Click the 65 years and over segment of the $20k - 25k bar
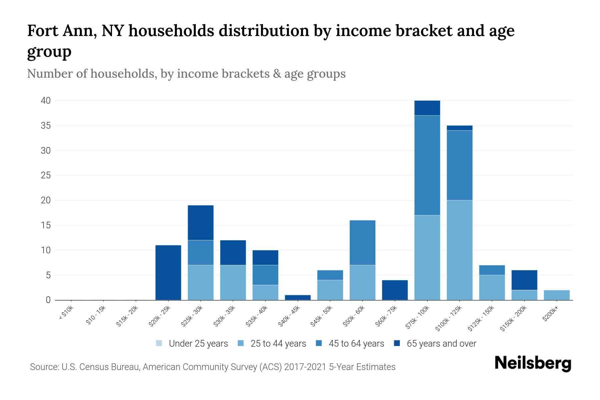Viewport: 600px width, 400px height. point(168,272)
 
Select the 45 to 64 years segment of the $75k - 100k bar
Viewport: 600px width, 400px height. point(427,165)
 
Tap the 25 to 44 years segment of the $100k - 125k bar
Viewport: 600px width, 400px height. point(459,250)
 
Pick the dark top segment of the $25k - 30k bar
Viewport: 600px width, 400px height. point(200,223)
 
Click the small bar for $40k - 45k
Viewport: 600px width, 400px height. point(298,297)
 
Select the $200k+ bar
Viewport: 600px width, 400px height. point(556,295)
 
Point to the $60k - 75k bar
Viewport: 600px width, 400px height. point(395,290)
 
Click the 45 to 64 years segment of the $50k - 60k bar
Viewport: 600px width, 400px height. point(362,243)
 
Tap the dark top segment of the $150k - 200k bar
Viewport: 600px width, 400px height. point(524,280)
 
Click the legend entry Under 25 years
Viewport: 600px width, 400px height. point(198,344)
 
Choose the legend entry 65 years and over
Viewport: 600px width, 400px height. point(441,344)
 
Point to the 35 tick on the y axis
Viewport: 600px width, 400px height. point(46,126)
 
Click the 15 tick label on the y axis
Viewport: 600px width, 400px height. point(46,225)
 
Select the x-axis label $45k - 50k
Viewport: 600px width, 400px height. point(321,317)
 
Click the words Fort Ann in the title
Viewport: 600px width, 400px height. point(62,31)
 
